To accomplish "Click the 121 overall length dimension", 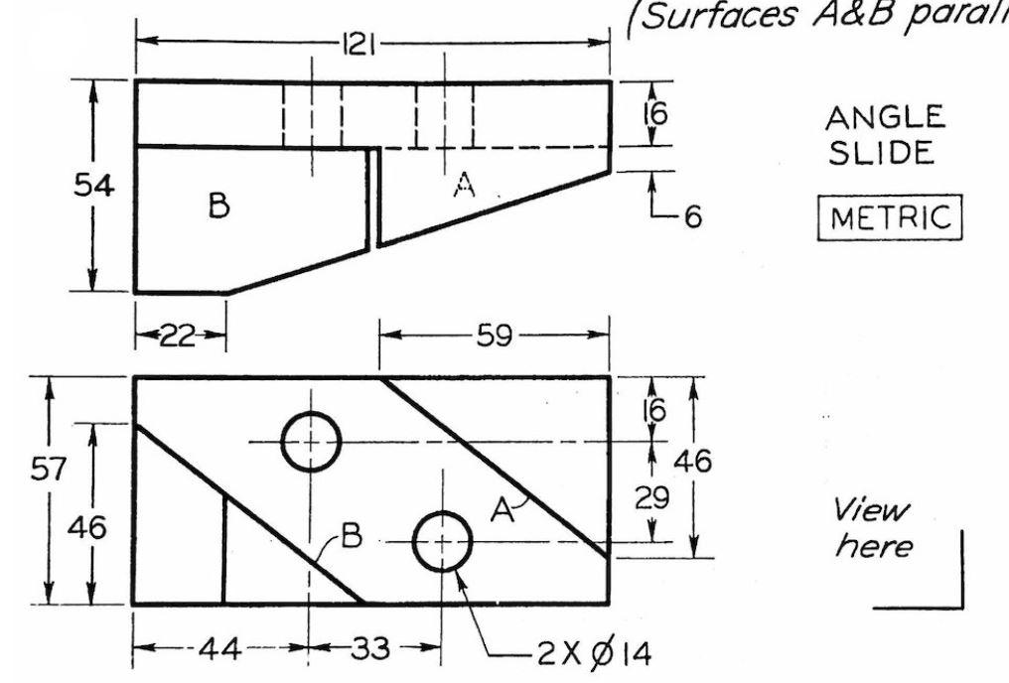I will click(x=359, y=44).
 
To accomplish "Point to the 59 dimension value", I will click(x=494, y=337).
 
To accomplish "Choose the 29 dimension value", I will click(x=652, y=496).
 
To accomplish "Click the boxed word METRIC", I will click(x=889, y=218).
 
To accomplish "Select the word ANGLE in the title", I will click(x=885, y=118).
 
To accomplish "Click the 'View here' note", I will click(x=870, y=528).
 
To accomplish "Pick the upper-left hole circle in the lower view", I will click(x=311, y=441).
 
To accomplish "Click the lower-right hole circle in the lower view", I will click(x=442, y=542).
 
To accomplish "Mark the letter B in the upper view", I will click(x=219, y=205).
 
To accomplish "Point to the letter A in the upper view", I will click(x=462, y=185).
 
